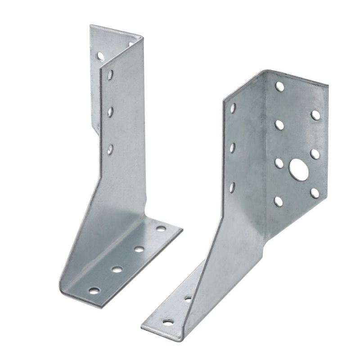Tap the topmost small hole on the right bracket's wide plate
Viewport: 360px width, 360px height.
(x=280, y=85)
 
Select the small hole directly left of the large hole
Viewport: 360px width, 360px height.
(x=279, y=162)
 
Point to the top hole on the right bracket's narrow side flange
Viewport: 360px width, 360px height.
(x=233, y=108)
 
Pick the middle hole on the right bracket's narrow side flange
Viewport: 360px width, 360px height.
(x=233, y=147)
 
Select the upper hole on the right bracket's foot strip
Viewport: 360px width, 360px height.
(x=188, y=298)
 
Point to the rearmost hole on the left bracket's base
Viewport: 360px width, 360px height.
(x=160, y=229)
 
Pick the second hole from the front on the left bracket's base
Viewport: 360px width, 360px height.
(x=117, y=270)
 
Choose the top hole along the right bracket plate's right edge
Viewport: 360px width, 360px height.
(x=315, y=115)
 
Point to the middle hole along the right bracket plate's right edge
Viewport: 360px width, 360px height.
(x=315, y=154)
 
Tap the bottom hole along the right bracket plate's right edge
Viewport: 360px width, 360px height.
(x=315, y=193)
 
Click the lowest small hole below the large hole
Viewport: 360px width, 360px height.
(x=279, y=201)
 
